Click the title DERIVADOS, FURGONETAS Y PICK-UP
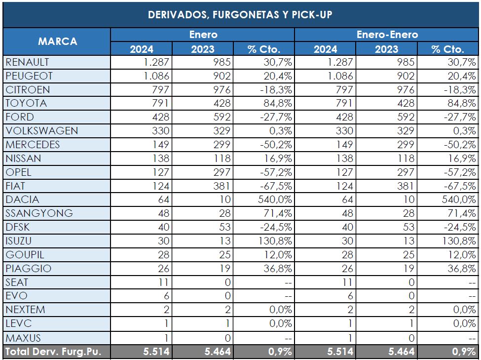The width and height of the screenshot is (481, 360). point(240,14)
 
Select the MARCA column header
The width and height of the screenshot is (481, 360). point(57,41)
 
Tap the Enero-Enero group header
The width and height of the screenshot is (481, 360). point(387,35)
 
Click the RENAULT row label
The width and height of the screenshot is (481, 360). point(27,62)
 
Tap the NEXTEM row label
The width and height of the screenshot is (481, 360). point(25,310)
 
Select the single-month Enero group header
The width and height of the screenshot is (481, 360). point(203,35)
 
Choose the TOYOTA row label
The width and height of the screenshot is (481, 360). point(26,103)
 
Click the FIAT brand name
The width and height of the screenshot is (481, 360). point(15,186)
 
